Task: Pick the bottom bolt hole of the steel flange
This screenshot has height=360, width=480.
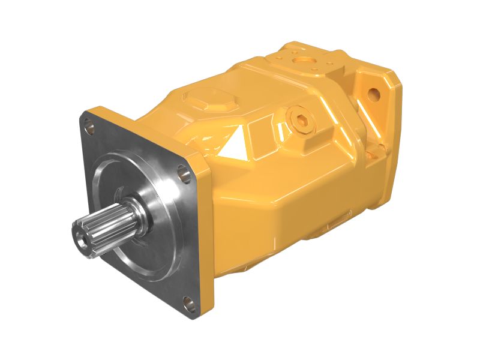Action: click(188, 302)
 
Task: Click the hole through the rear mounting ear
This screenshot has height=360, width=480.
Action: click(373, 94)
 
